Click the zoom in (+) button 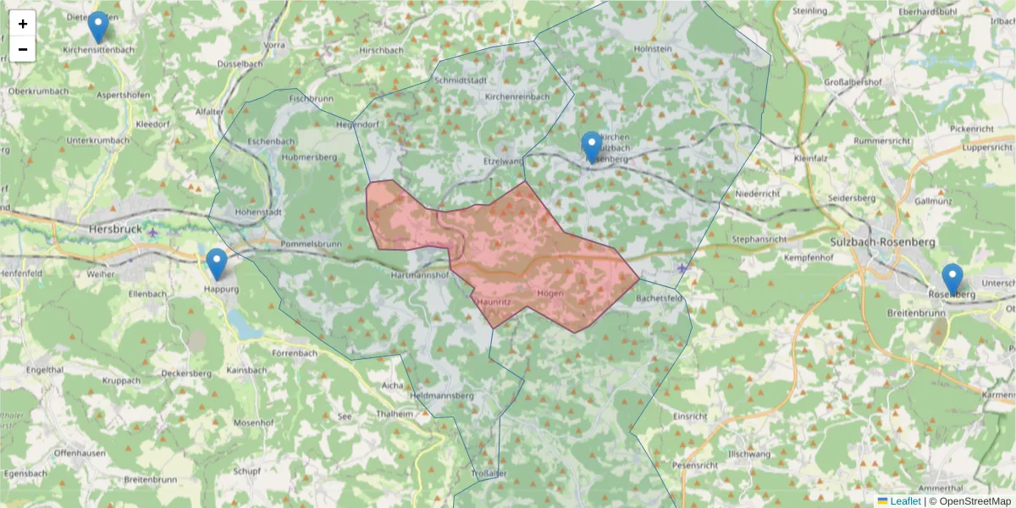click(23, 24)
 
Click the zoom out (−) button click(23, 49)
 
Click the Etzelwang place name click(501, 159)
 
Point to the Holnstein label click(653, 49)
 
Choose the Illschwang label click(747, 454)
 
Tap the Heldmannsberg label click(439, 395)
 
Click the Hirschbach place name click(381, 50)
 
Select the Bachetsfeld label click(659, 299)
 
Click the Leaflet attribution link click(906, 501)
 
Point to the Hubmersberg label click(309, 157)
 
